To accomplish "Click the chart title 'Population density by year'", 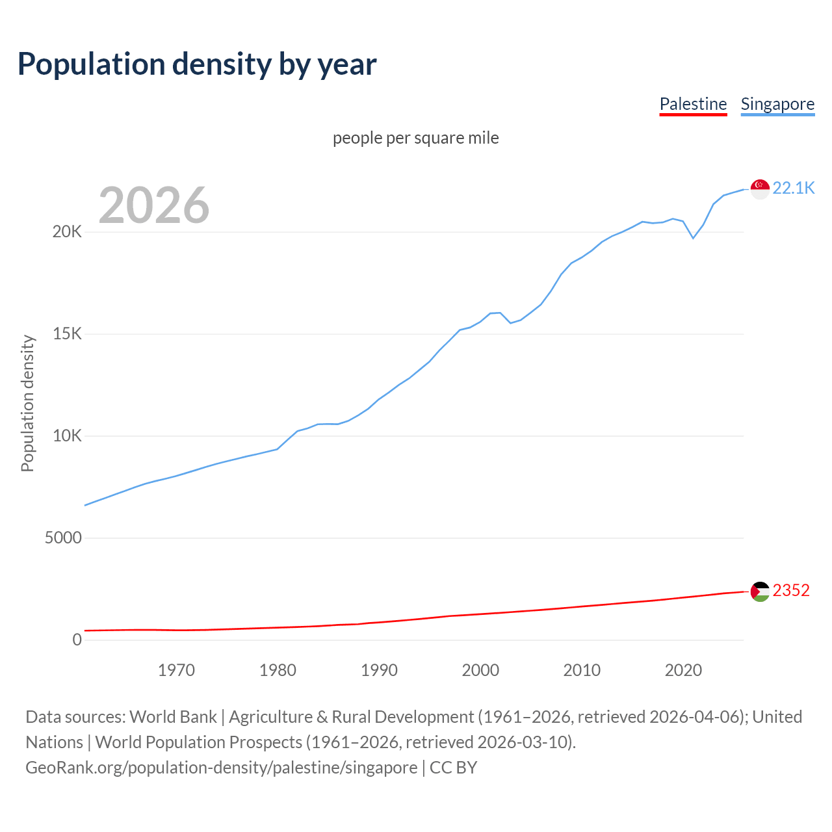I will (x=197, y=64).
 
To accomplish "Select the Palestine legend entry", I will (x=693, y=104).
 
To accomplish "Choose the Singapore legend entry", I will (x=777, y=104).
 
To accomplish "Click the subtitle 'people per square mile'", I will (x=416, y=138).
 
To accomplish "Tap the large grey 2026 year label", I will (x=154, y=205).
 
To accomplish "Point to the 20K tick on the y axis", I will (x=67, y=232).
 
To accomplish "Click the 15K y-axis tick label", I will (x=67, y=334).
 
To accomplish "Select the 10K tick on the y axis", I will (x=67, y=436).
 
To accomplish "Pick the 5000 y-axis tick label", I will (x=63, y=538).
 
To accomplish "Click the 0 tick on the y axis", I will (x=77, y=640).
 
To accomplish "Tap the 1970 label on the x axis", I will (x=176, y=670).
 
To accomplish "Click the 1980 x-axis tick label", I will (x=278, y=670).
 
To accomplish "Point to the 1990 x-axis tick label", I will (x=379, y=670).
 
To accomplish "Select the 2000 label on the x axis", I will (x=480, y=670).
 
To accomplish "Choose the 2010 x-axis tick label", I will (x=582, y=670).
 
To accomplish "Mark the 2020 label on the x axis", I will (x=683, y=670).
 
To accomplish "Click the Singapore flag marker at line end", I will (x=760, y=189).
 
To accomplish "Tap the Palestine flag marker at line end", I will (x=760, y=591).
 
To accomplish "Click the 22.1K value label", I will (x=794, y=188).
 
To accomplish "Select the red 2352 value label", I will (x=791, y=591).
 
